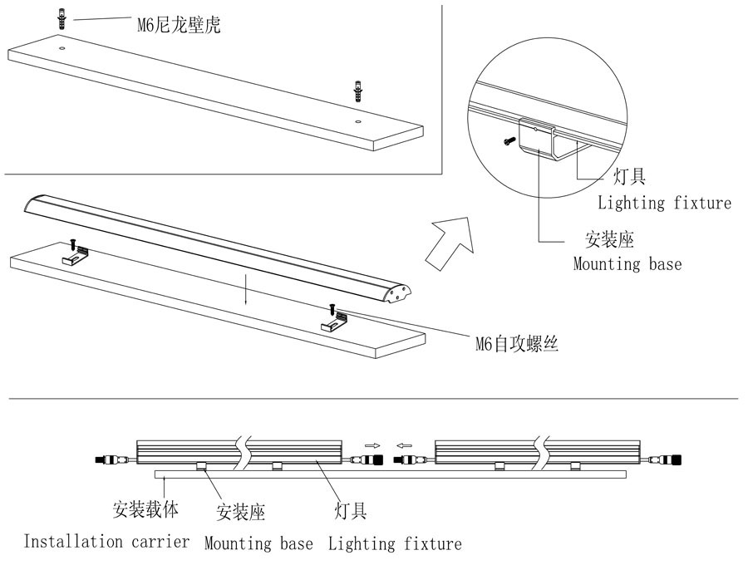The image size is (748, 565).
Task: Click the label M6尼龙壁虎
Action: pos(179,25)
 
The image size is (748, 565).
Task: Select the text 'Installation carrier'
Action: pos(106,542)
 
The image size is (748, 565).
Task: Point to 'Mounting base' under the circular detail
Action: pos(627,264)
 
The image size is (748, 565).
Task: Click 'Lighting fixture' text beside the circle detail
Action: pos(664,203)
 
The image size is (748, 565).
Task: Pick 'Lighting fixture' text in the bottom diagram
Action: pos(394,544)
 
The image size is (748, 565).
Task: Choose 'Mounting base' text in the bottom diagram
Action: pos(258,544)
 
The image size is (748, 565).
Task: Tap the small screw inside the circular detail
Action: pos(507,143)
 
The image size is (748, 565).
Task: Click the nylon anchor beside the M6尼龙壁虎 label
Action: pos(62,18)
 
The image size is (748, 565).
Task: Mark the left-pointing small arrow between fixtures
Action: pos(405,444)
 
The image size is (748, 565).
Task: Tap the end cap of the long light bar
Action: pos(401,293)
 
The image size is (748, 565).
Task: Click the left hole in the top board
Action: pos(63,49)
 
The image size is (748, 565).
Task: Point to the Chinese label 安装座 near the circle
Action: pos(609,241)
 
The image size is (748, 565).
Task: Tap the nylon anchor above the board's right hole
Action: pos(358,89)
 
